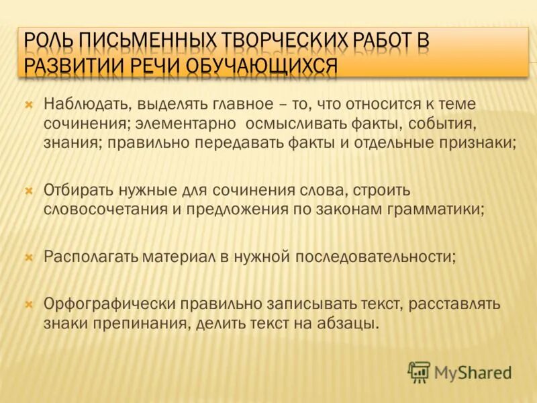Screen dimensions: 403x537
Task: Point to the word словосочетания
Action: pos(95,209)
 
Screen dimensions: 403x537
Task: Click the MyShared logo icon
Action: pos(418,371)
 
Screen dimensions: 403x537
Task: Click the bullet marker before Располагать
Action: pos(28,257)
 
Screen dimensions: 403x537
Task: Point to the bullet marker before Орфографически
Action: pos(28,304)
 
